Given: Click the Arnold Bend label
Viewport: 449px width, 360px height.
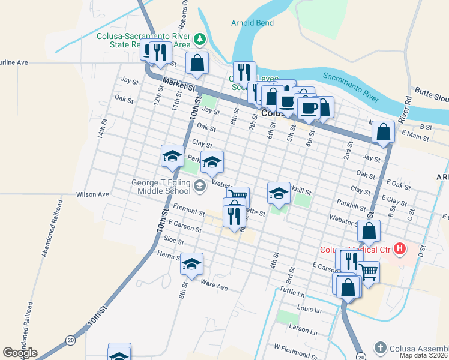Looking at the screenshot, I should tap(252, 23).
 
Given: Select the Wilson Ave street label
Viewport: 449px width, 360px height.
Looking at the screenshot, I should tap(92, 194).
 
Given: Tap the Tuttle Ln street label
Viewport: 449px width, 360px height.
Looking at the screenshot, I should tap(292, 293).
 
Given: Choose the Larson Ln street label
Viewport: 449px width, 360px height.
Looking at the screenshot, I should tap(303, 330).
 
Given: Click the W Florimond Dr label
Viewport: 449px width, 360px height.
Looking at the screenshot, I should tap(295, 347).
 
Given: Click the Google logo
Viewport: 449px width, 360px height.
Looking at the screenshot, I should tap(20, 353).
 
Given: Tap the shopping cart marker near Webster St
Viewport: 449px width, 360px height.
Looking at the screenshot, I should tap(238, 195).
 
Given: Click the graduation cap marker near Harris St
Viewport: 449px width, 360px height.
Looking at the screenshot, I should tap(191, 264).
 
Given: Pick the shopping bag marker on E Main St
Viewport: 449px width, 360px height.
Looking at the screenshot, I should tap(383, 131).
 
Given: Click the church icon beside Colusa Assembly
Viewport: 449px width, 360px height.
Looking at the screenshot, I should tap(379, 348).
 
